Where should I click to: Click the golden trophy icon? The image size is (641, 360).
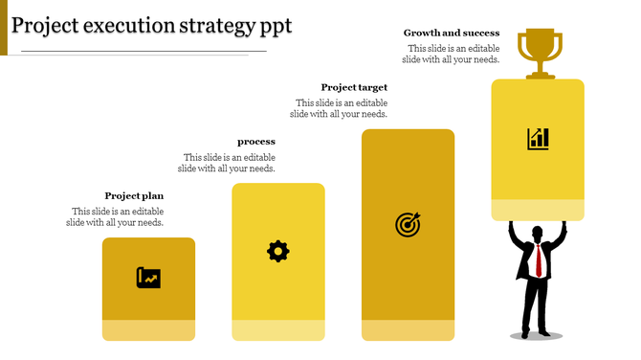tap(539, 52)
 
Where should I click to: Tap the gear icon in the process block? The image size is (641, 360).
tap(277, 252)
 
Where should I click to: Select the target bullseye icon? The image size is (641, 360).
tap(408, 225)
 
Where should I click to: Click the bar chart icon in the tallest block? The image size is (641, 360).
tap(538, 139)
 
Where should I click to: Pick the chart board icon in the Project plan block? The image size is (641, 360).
tap(148, 278)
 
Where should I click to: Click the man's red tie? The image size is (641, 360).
tap(540, 259)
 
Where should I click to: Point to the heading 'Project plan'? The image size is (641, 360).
tap(134, 195)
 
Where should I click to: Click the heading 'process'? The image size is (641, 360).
tap(256, 142)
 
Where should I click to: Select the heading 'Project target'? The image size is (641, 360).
tap(354, 87)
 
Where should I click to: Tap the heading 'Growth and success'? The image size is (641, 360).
tap(452, 33)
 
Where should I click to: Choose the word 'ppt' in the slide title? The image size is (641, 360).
tap(276, 25)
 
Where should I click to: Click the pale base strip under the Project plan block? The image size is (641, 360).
tap(148, 330)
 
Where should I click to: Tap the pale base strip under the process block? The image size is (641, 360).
tap(277, 330)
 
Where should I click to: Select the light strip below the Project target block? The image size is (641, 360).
tap(408, 330)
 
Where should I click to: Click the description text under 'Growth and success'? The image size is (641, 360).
tap(451, 54)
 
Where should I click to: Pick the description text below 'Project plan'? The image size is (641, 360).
tap(115, 216)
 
